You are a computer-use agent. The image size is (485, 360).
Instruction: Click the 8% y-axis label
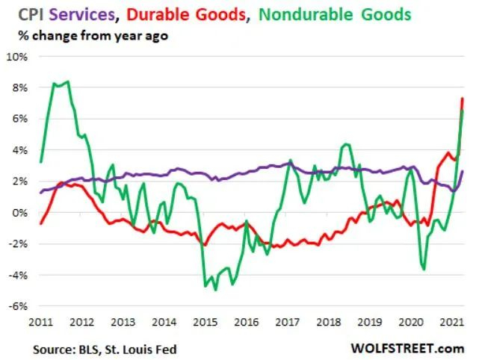point(19,88)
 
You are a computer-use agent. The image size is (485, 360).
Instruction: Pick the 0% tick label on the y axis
point(19,213)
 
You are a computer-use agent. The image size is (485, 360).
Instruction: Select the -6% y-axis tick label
point(18,306)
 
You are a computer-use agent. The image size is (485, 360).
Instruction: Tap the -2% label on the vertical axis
point(18,244)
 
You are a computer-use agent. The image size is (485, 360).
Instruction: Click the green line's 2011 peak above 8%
point(68,81)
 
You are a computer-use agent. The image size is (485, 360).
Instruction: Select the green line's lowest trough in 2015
point(215,289)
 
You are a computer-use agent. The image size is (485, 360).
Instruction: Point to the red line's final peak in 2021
point(462,99)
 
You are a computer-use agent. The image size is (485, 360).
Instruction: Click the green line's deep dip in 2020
point(424,268)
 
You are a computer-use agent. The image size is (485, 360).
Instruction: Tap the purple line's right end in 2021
point(463,172)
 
